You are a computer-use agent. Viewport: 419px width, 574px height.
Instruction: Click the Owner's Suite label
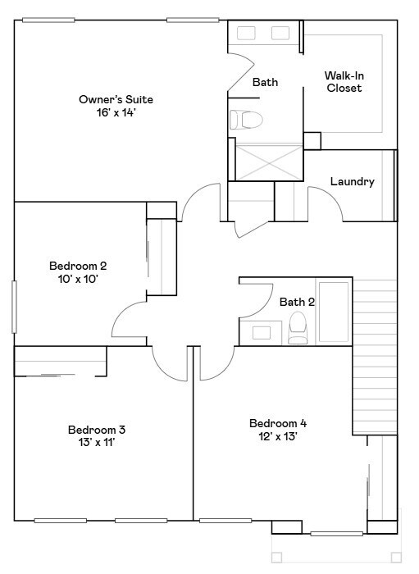(116, 99)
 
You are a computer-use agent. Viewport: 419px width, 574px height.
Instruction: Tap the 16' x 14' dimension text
(116, 112)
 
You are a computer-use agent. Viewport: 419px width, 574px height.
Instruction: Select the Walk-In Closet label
(344, 82)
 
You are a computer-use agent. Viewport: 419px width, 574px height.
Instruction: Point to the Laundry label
(352, 181)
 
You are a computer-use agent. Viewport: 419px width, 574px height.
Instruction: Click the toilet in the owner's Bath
(244, 121)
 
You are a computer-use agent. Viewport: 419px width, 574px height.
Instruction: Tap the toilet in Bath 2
(298, 330)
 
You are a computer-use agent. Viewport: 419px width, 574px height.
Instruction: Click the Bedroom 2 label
(78, 266)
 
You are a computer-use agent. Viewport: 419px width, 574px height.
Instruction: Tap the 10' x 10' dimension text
(78, 279)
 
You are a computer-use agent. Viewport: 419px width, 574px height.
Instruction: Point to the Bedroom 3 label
(96, 430)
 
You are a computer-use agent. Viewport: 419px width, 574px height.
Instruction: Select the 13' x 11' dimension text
(96, 443)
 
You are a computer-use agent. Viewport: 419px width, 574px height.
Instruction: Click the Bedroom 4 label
(278, 423)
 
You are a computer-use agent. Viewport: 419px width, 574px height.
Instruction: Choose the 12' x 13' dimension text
(278, 436)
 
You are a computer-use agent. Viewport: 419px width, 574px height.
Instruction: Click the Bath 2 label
(297, 302)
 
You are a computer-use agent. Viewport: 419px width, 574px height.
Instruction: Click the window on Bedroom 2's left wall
(14, 307)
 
